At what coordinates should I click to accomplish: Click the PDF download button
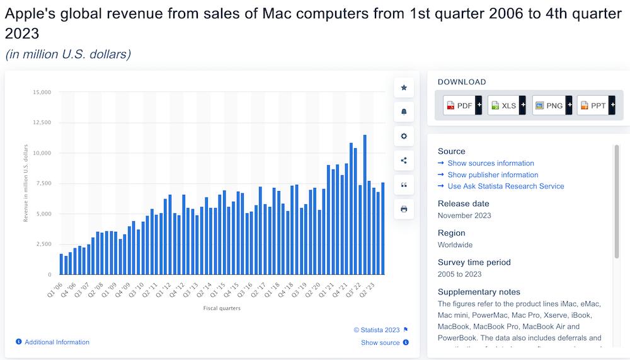coord(462,105)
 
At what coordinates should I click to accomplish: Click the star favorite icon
coord(404,88)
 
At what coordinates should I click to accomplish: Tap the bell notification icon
coord(404,112)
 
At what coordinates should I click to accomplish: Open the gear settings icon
coord(404,136)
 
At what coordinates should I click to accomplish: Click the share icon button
coord(404,160)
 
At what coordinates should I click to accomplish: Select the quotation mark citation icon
coord(404,185)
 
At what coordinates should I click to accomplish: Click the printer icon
coord(404,209)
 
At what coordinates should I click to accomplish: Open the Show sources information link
coord(491,163)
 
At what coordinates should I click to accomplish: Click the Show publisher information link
coord(493,175)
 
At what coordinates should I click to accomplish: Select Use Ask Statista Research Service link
coord(506,186)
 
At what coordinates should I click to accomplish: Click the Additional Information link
coord(57,342)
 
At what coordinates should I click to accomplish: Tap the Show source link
coord(381,342)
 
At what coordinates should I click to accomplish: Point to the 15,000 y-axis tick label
coord(41,93)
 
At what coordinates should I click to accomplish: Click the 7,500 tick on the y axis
coord(43,183)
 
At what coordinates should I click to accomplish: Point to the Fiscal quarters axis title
coord(222,308)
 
